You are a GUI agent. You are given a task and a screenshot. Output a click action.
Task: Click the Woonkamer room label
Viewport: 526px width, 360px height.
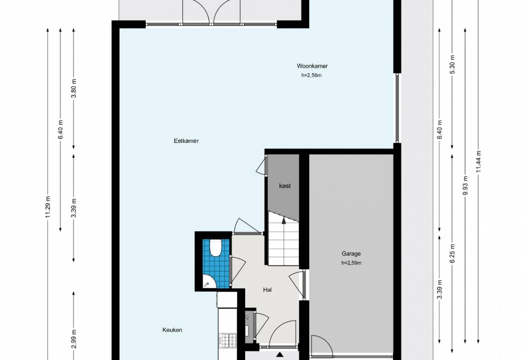tap(312, 66)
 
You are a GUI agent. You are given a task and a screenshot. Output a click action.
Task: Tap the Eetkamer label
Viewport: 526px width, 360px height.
tap(186, 141)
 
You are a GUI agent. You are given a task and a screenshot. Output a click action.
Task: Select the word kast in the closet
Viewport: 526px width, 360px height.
tap(285, 186)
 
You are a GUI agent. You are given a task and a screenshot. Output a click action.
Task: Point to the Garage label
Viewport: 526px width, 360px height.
tap(351, 254)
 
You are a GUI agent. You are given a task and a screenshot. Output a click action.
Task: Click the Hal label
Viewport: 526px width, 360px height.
tap(267, 290)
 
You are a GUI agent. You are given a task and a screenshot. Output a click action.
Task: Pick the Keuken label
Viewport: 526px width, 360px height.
tap(172, 330)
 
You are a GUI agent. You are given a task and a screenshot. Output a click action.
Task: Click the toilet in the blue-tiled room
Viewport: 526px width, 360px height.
tap(215, 248)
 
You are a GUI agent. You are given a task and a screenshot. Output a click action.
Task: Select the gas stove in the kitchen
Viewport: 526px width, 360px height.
tap(227, 341)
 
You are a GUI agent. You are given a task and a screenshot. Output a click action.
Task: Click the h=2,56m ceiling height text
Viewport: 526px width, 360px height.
tap(312, 76)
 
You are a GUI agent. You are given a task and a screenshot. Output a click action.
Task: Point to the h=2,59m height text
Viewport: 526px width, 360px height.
tap(351, 263)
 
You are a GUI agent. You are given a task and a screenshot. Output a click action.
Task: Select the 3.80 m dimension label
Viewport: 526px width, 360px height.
tap(74, 88)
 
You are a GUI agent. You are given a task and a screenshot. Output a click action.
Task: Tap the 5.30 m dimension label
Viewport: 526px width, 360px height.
tap(452, 65)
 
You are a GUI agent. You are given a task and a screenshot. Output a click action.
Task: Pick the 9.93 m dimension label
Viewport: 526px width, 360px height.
tap(465, 185)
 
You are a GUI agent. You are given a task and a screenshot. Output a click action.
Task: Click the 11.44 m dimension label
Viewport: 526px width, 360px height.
tap(478, 161)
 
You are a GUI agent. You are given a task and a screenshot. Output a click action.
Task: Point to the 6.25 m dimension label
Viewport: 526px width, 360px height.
tap(452, 254)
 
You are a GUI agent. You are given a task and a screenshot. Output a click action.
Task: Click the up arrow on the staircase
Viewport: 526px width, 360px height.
tap(284, 220)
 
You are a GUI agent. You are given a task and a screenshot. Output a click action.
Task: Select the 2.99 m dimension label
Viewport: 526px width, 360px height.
tap(74, 339)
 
